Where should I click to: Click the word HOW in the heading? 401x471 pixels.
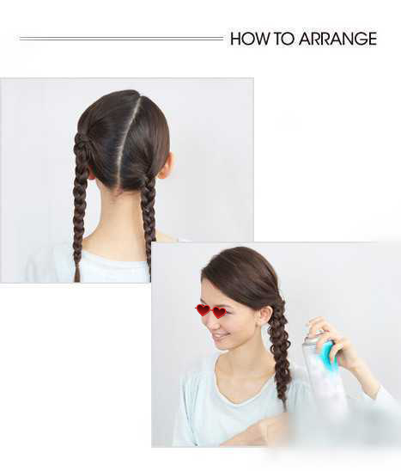[x=250, y=39]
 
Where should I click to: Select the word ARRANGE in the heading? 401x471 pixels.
[x=337, y=39]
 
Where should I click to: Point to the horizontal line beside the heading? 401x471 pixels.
[x=121, y=39]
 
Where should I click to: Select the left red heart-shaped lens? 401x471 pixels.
[x=203, y=310]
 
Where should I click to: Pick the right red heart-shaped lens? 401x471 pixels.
[x=219, y=313]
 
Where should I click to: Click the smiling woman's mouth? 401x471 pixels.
[x=220, y=336]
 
